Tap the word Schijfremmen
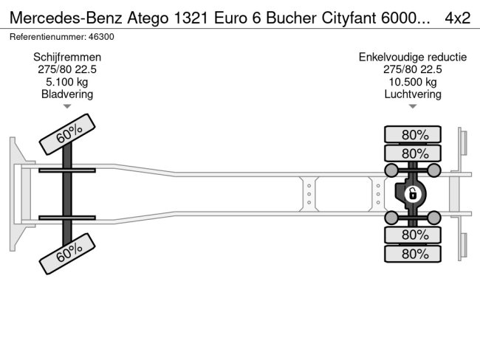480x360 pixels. point(67,57)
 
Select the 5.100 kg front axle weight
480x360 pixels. point(67,82)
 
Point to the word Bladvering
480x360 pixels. point(67,94)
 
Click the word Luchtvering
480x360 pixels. point(412,94)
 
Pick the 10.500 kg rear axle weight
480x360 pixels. point(412,82)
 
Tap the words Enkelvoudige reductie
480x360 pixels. point(412,57)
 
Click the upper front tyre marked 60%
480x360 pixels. point(67,134)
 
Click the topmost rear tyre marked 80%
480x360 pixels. point(412,134)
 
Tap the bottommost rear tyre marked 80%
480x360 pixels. point(412,254)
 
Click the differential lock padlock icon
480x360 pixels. point(413,195)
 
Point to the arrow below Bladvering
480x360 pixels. point(67,106)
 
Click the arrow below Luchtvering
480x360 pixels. point(412,106)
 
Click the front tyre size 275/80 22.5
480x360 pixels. point(67,69)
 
